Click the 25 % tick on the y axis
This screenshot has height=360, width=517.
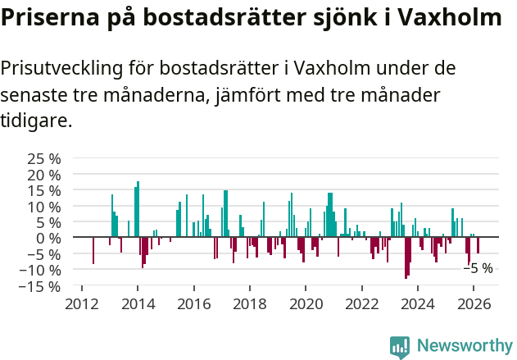point(43,158)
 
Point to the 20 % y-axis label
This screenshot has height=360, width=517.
point(43,175)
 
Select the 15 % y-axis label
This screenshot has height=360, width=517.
point(43,190)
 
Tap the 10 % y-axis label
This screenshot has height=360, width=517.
point(43,207)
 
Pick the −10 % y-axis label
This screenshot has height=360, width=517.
point(39,270)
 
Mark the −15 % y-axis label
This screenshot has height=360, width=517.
point(39,286)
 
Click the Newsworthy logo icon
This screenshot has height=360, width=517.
point(400,345)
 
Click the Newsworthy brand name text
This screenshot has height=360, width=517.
point(464,345)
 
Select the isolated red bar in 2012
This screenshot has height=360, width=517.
point(93,250)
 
